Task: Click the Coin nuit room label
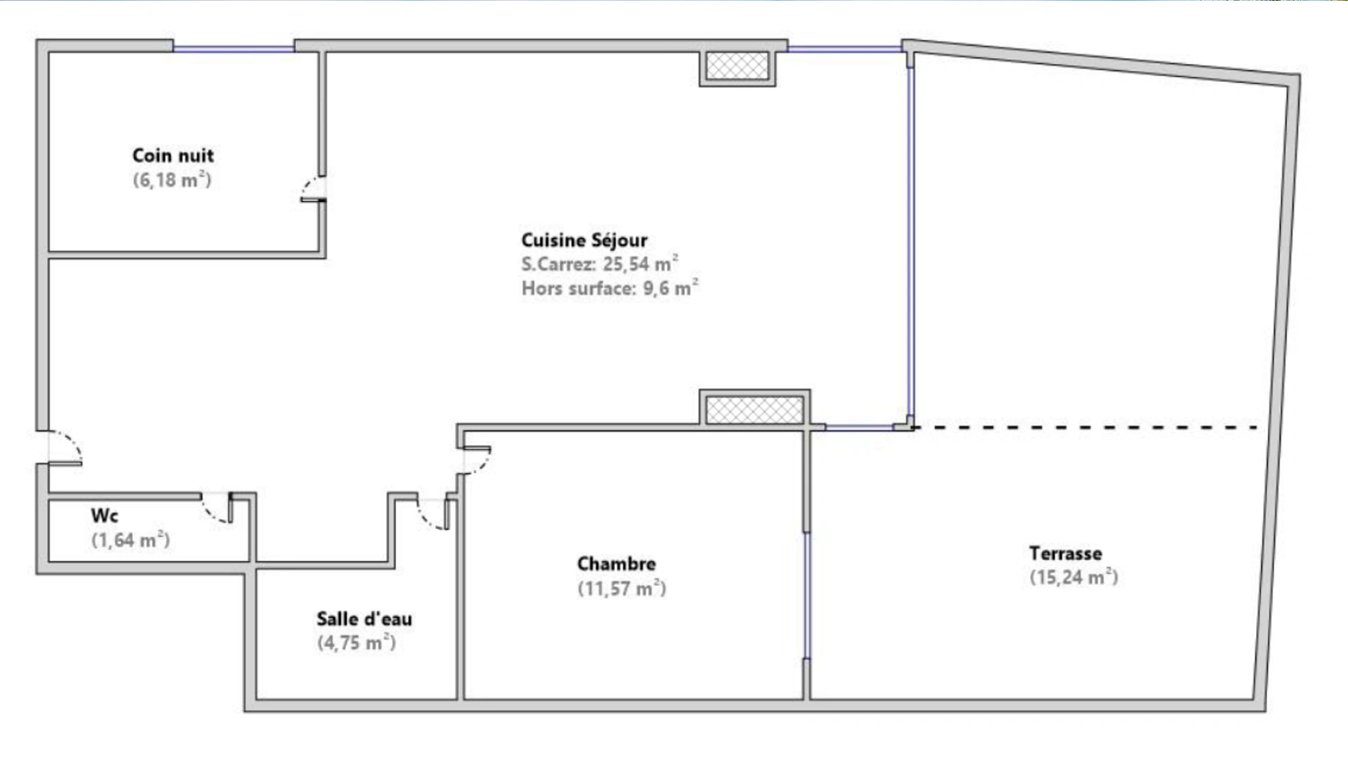click(173, 155)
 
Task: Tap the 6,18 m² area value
click(172, 180)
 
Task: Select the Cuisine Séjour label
click(584, 240)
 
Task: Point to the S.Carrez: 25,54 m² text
click(600, 264)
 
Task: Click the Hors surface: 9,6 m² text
click(609, 288)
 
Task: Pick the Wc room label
click(105, 516)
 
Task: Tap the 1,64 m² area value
click(131, 540)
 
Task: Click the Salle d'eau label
click(364, 619)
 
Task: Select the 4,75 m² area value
click(357, 643)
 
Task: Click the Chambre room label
click(616, 564)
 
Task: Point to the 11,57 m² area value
click(621, 588)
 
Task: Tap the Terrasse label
click(1066, 553)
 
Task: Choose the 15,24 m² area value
click(1073, 577)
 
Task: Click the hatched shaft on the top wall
click(737, 66)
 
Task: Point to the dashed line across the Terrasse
click(1085, 427)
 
